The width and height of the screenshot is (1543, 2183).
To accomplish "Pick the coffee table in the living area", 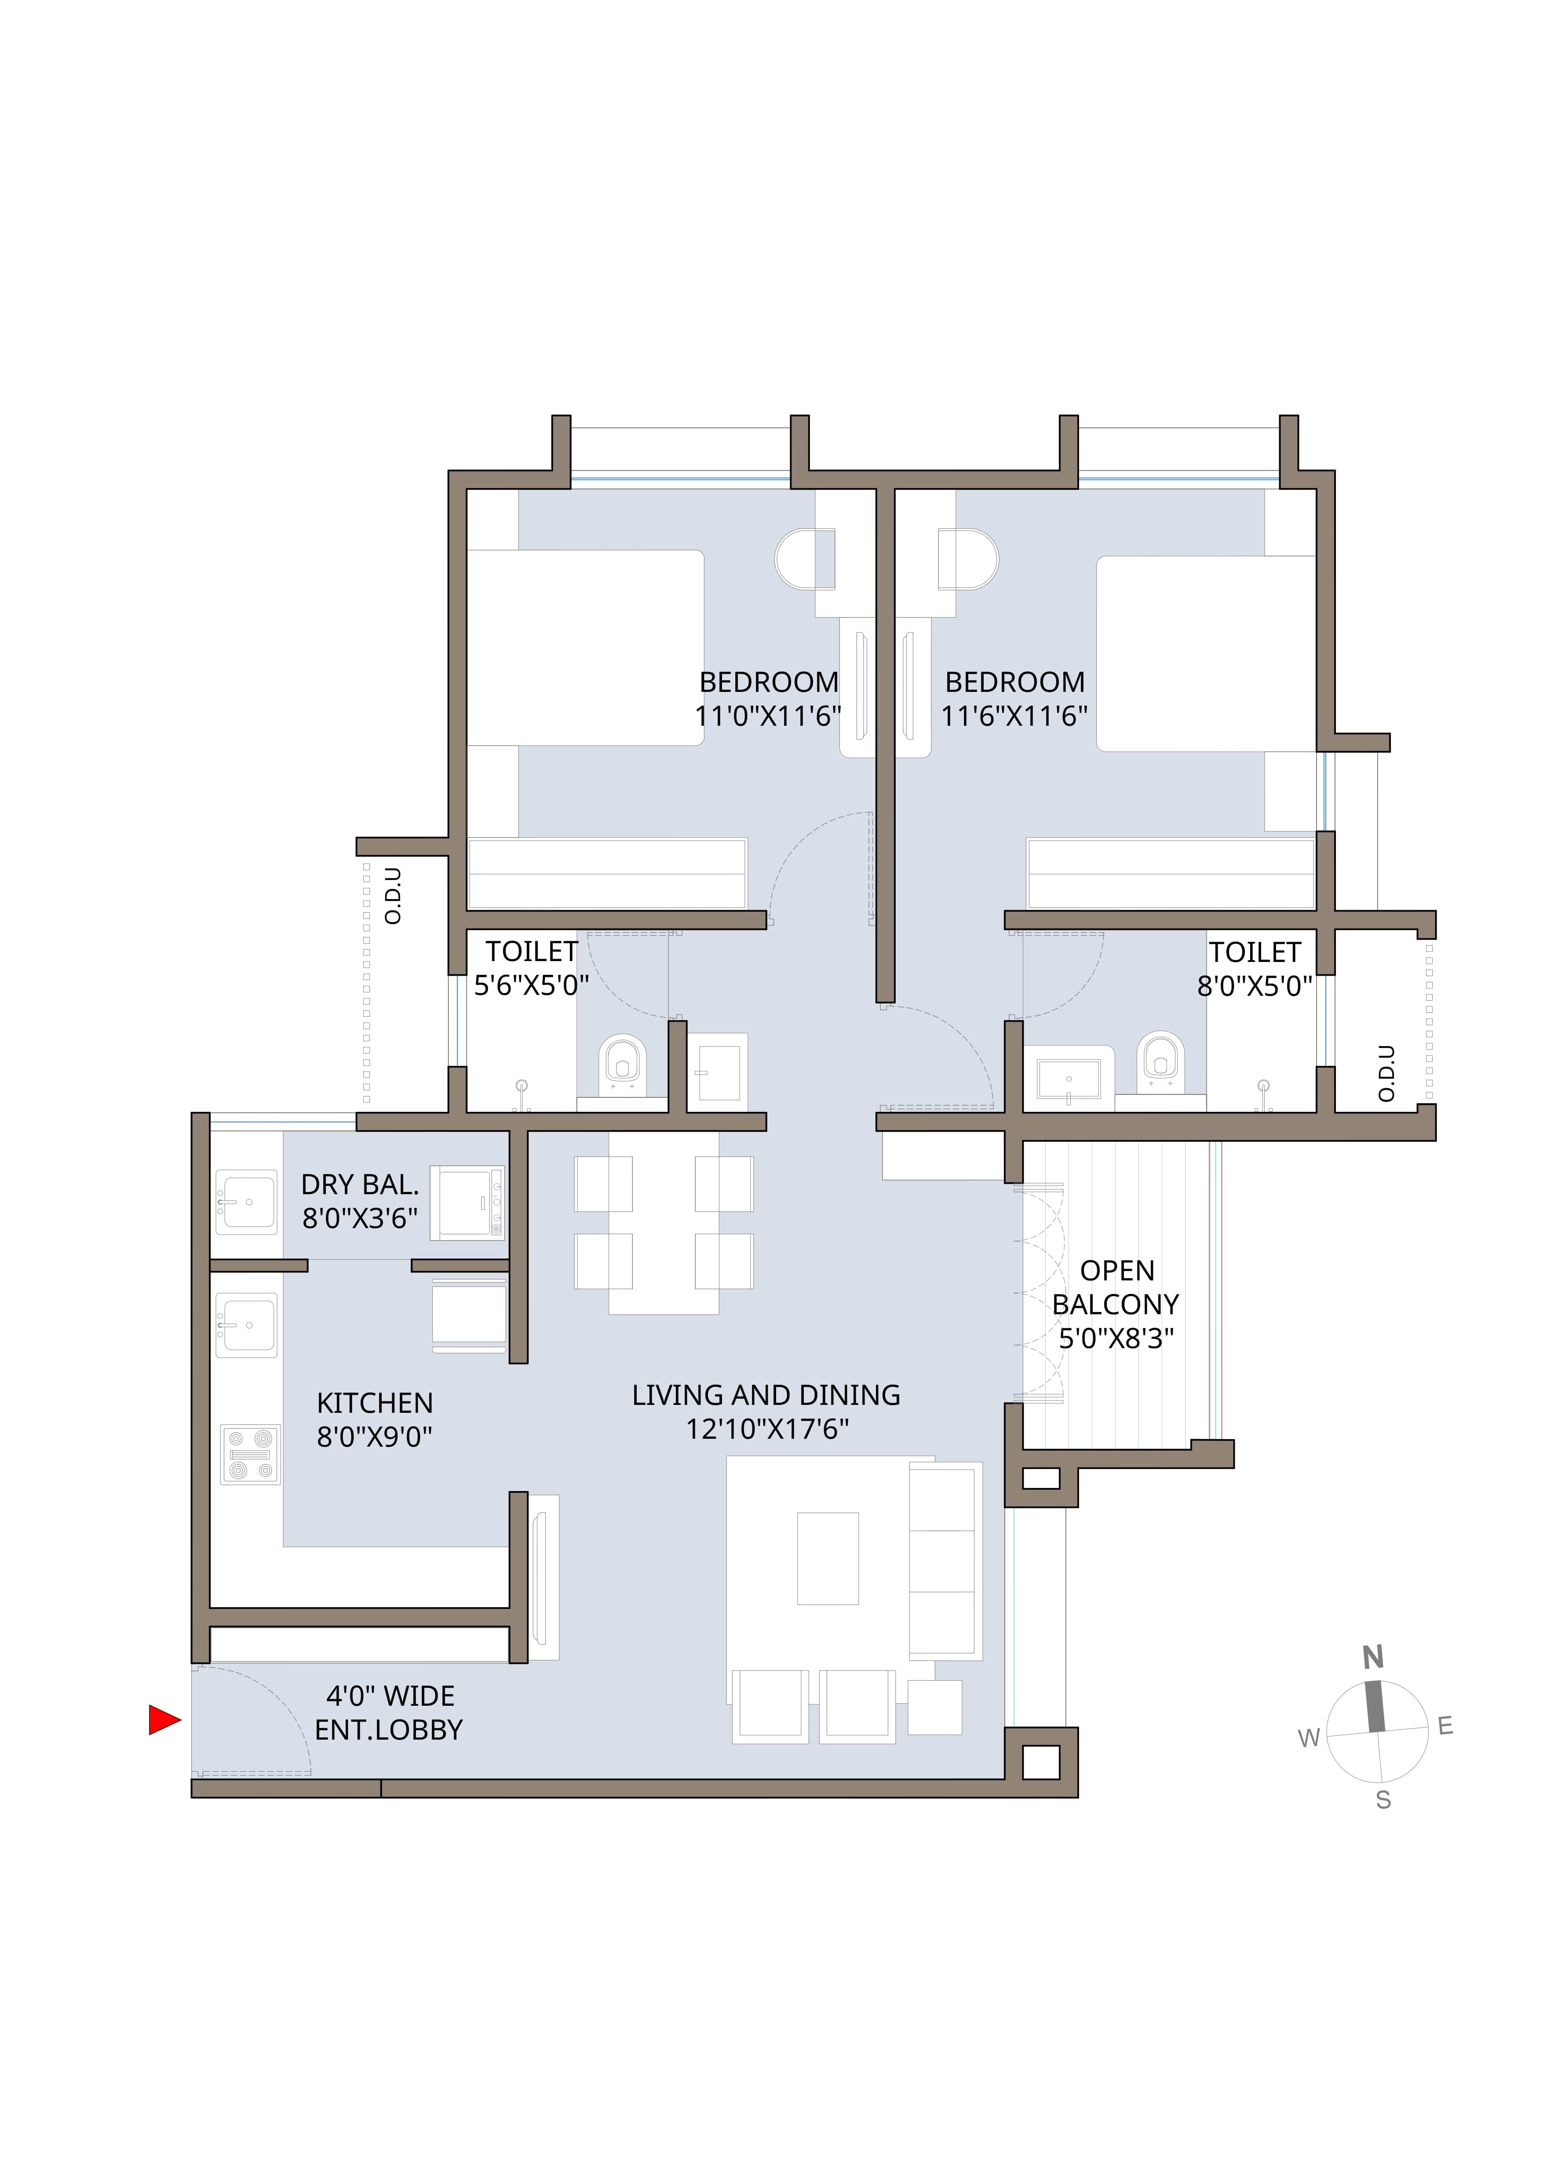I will click(827, 1558).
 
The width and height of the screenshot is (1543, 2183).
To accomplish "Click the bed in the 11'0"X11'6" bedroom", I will click(585, 647).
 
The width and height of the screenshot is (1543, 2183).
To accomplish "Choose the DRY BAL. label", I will click(359, 1185).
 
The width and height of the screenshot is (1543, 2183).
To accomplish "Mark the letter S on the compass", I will click(1383, 1800).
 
